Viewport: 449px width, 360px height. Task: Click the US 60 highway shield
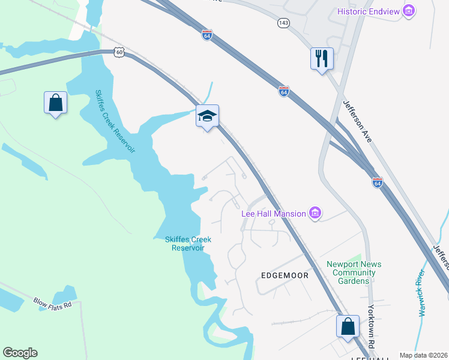(119, 53)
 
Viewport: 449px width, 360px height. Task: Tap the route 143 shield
(283, 23)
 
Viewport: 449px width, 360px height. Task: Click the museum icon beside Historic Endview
(409, 10)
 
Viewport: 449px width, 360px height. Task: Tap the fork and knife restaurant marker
(322, 59)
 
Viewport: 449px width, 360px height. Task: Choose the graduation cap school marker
(207, 116)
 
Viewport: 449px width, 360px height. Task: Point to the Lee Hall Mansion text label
(274, 213)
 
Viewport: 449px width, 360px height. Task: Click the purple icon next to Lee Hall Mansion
(315, 212)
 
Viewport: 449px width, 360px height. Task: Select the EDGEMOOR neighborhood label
(285, 275)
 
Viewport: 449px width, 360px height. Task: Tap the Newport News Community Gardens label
(354, 273)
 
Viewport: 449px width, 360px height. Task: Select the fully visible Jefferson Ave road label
(358, 121)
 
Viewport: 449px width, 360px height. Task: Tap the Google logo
(20, 353)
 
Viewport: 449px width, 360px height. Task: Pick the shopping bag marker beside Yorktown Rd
(348, 327)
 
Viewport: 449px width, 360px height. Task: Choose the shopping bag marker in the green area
(55, 103)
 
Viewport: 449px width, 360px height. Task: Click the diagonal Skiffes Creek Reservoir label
(115, 122)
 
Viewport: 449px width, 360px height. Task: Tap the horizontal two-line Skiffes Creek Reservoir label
(188, 244)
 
